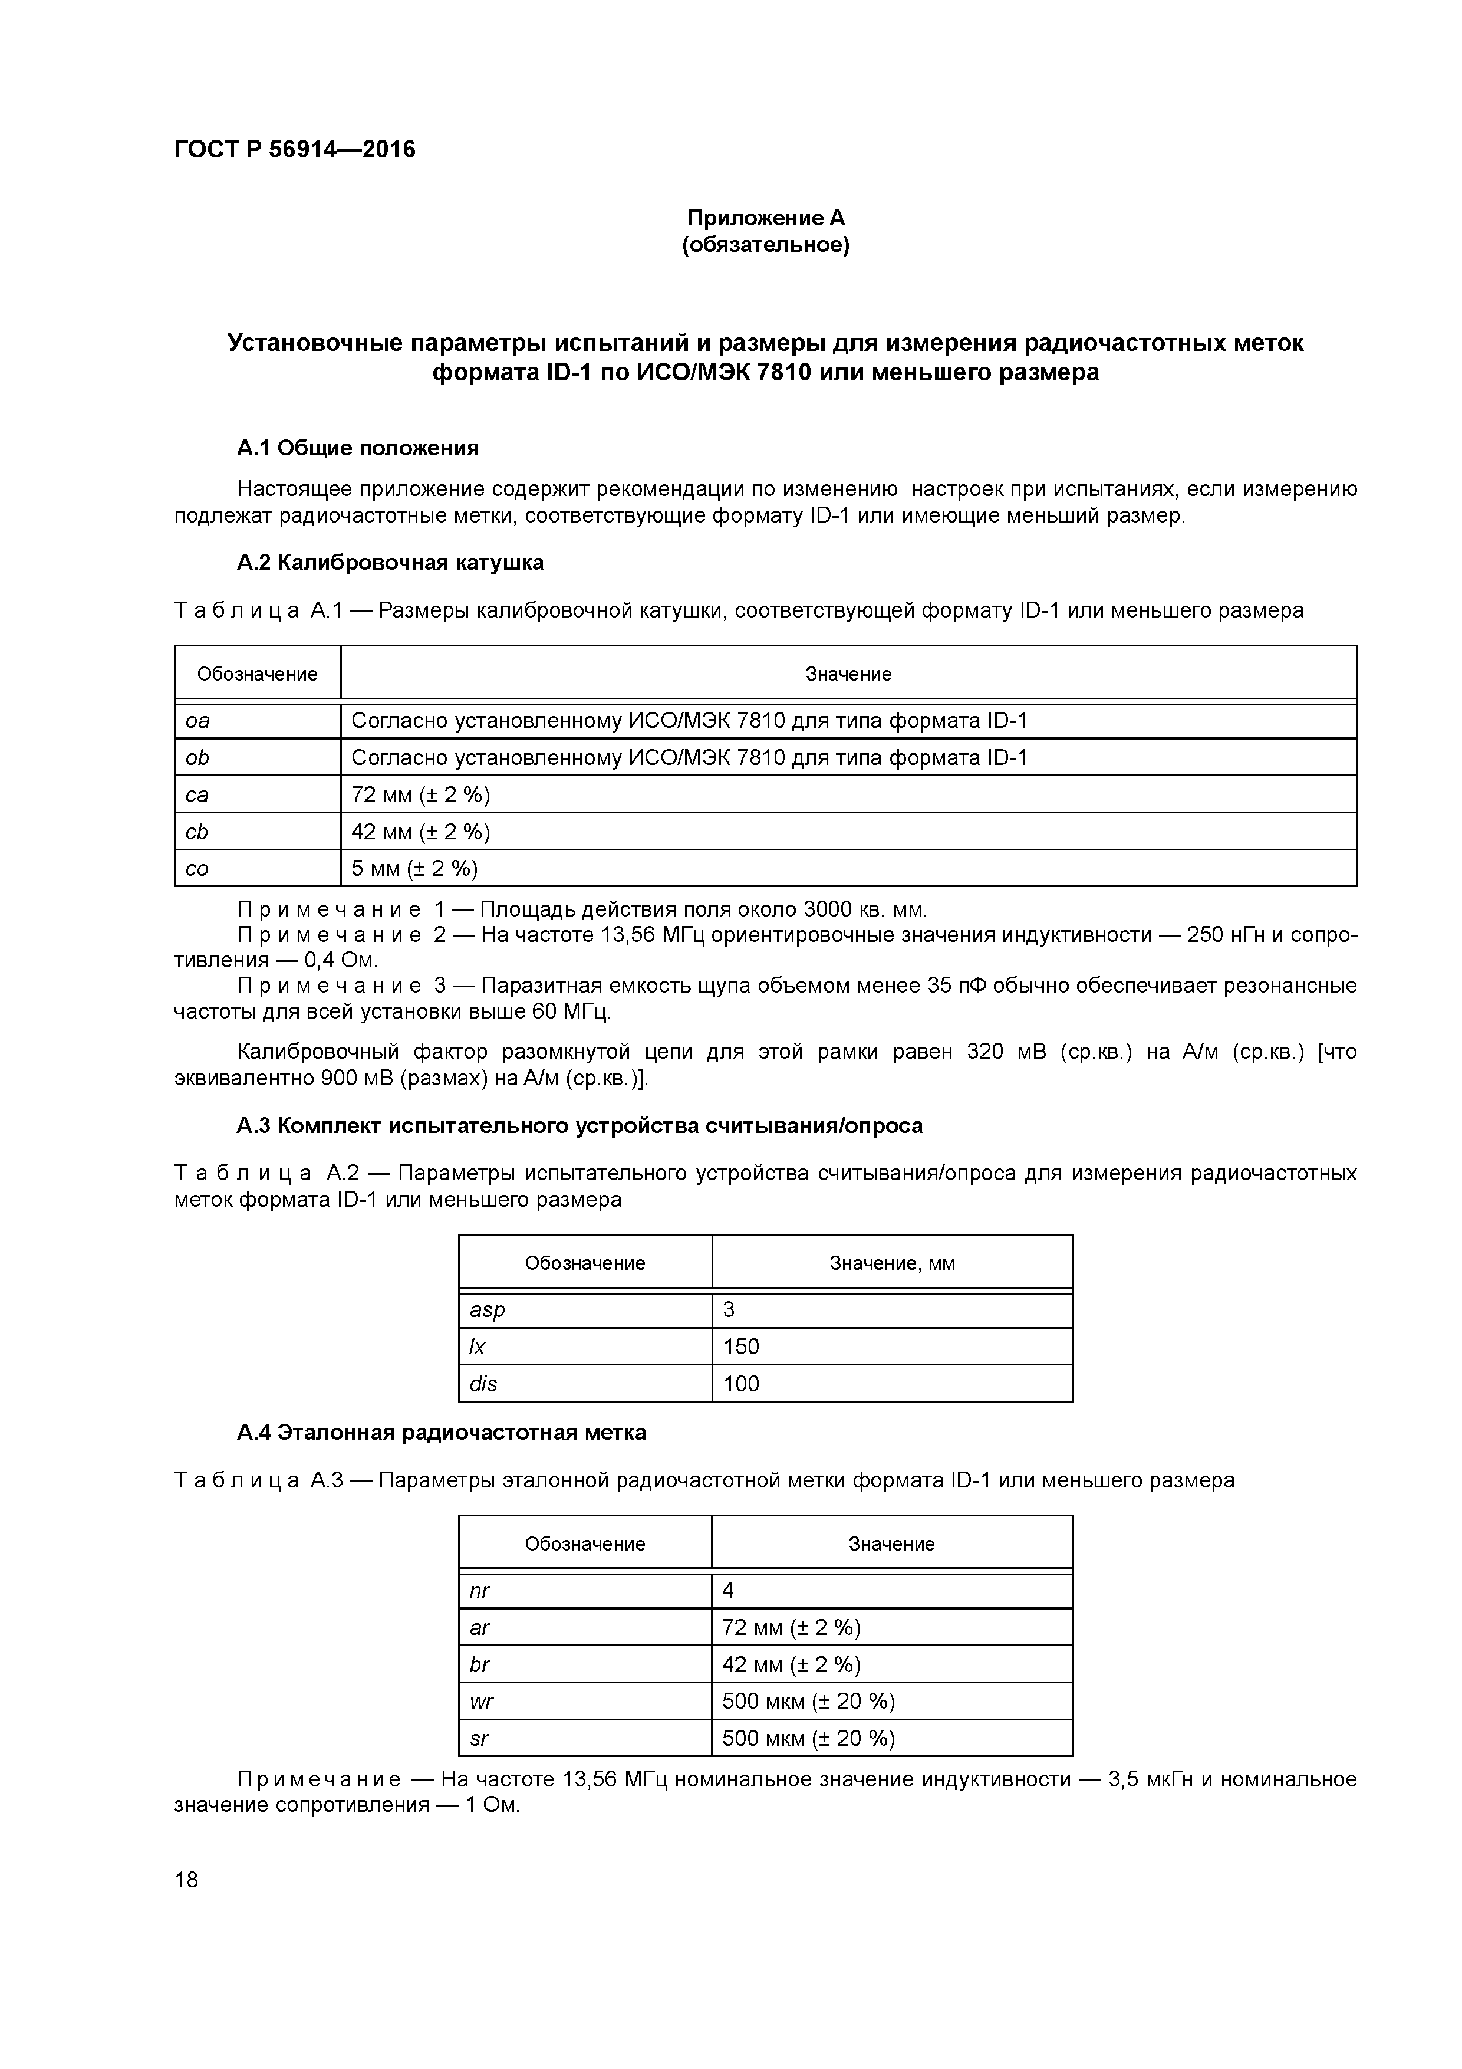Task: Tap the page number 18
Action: [186, 1880]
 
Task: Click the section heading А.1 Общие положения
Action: [358, 448]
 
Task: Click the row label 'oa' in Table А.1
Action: [197, 721]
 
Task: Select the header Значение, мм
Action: [892, 1263]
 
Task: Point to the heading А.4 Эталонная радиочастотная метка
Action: [442, 1433]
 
